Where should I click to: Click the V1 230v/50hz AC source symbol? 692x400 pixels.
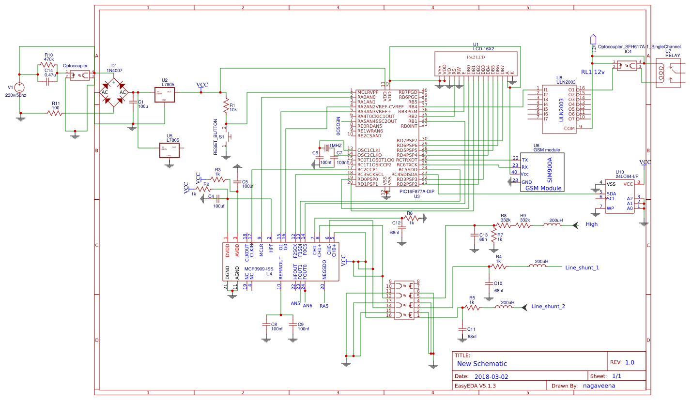coord(20,88)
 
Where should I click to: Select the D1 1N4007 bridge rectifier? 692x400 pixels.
coord(114,92)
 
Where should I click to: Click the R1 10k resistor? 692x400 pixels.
coord(225,104)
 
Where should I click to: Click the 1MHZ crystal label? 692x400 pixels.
coord(336,145)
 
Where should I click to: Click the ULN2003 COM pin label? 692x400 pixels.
coord(569,128)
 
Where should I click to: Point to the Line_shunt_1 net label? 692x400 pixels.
coord(582,267)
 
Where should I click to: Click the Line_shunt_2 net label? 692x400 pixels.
coord(548,306)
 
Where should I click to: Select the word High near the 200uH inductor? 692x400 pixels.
coord(591,224)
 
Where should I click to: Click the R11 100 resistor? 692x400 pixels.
coord(55,113)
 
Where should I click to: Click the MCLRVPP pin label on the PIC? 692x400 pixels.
coord(368,92)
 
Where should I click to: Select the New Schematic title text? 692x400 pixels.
coord(482,363)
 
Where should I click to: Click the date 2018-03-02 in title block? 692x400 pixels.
coord(491,376)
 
